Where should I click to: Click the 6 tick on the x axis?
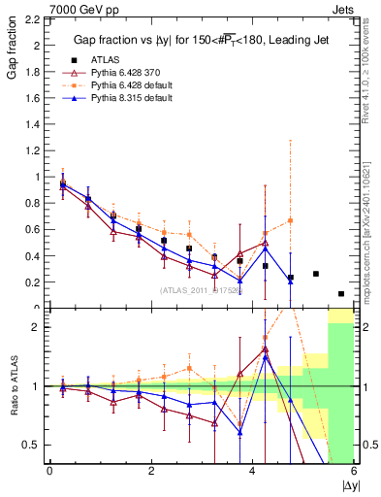354,471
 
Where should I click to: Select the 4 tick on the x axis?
252,471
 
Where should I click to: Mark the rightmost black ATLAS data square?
341,293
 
